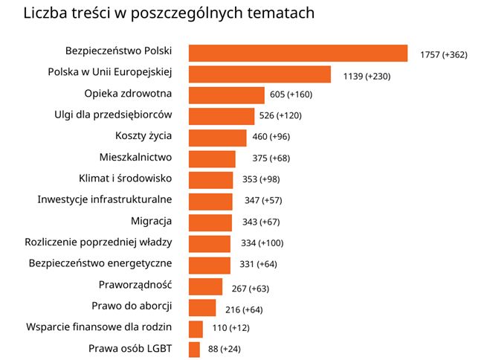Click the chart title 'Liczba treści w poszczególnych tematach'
tap(169, 13)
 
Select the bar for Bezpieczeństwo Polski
tap(297, 53)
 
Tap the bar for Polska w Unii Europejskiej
tap(259, 74)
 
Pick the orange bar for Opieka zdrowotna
tap(227, 95)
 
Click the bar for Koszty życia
tap(217, 138)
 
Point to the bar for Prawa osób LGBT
tap(195, 350)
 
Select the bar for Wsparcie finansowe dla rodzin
tap(196, 329)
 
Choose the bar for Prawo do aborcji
tap(202, 308)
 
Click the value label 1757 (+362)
tap(443, 54)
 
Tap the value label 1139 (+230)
tap(367, 76)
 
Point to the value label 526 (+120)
tap(301, 116)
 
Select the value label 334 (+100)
tap(262, 243)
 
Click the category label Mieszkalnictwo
tap(135, 157)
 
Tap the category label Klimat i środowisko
tap(125, 179)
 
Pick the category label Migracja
tap(151, 221)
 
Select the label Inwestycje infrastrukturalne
tap(105, 199)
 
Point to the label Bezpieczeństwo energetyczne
tap(100, 263)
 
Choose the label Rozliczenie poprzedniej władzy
tap(99, 242)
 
